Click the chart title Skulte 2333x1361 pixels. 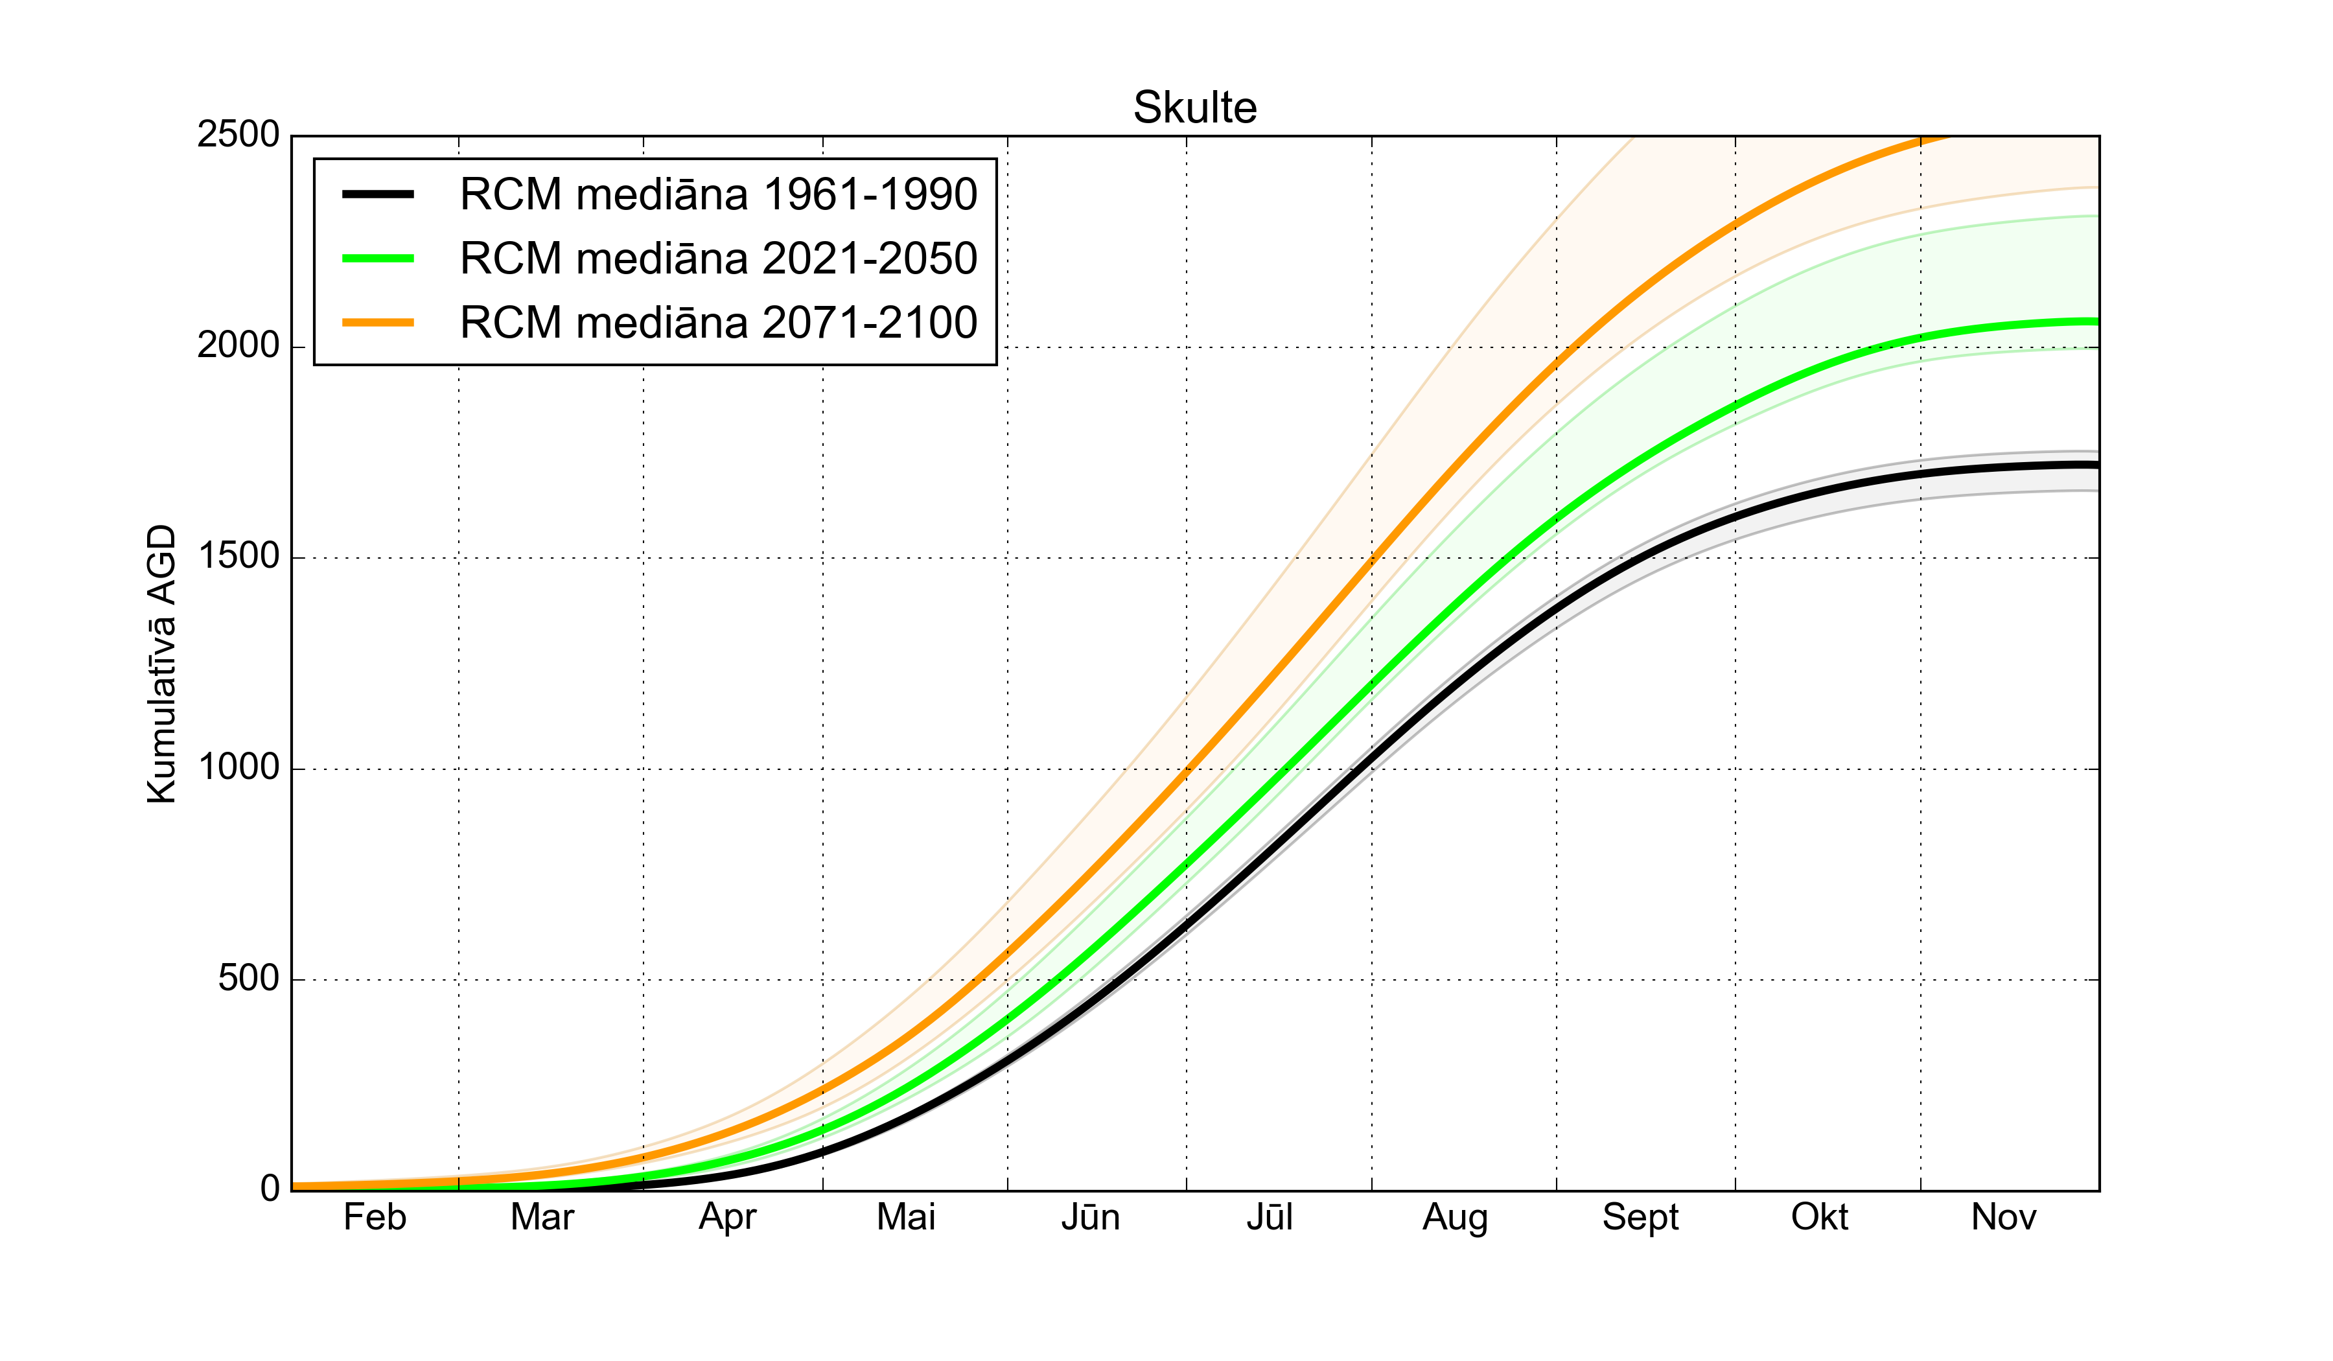coord(1194,108)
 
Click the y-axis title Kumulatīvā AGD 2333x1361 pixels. coord(161,663)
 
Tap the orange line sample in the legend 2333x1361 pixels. coord(378,322)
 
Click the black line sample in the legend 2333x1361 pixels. coord(378,194)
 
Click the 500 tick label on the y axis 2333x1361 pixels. coord(248,979)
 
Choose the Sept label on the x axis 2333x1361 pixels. coord(1640,1218)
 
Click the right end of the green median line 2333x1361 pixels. coord(2096,321)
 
